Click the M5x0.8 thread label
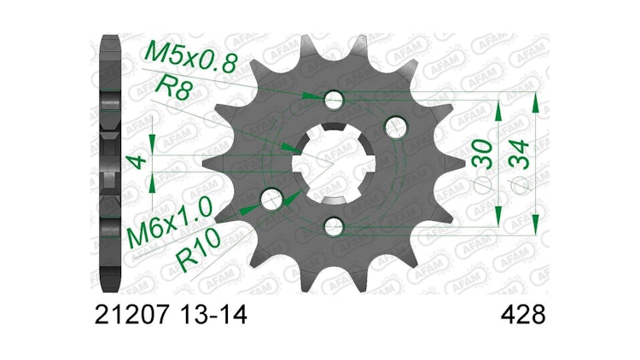191,57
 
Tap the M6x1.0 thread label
169,223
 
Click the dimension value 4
137,161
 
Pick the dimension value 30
482,154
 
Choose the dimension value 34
520,154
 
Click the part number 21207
131,315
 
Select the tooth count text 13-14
213,315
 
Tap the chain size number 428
523,315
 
